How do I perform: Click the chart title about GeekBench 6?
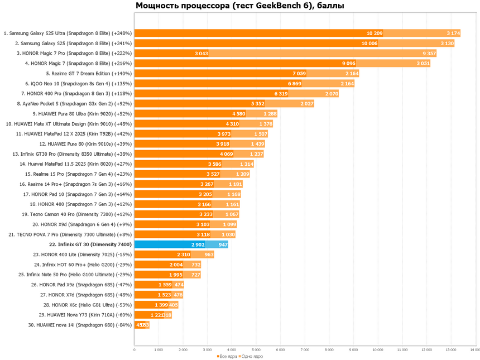[x=240, y=7]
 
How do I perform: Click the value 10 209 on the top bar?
[x=375, y=33]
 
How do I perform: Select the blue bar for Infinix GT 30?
[x=170, y=244]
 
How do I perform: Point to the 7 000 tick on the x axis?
[x=305, y=349]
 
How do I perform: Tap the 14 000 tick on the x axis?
[x=474, y=349]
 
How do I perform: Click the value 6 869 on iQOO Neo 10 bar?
[x=294, y=83]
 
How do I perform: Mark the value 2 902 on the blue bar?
[x=198, y=244]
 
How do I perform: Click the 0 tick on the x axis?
[x=135, y=349]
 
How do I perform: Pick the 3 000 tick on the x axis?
[x=208, y=349]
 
